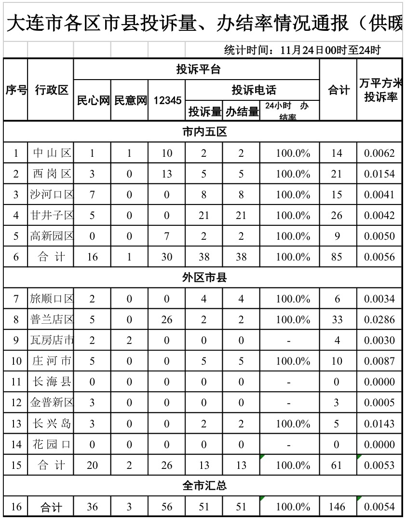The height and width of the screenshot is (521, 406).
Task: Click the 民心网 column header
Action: tap(92, 100)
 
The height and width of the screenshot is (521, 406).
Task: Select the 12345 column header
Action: tap(167, 100)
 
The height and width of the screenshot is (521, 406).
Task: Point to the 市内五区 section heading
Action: tap(204, 132)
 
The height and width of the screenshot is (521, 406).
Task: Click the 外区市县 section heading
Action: tap(204, 278)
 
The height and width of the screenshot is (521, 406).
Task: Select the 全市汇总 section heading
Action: tap(204, 486)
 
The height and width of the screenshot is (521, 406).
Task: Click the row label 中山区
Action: tap(52, 153)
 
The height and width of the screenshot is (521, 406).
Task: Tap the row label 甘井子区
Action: tap(52, 216)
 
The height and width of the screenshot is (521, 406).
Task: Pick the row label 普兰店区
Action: tap(52, 319)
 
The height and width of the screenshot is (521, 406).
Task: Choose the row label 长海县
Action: tap(52, 382)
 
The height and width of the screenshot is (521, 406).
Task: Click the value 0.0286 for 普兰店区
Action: tap(379, 319)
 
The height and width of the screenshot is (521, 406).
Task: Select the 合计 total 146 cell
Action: tap(337, 507)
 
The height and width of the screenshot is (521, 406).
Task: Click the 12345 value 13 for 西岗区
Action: tap(167, 174)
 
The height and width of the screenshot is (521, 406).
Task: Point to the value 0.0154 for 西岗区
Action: tap(379, 174)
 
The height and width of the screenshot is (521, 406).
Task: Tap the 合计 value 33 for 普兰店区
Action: tap(337, 319)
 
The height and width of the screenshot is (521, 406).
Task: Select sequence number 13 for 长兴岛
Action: tap(16, 424)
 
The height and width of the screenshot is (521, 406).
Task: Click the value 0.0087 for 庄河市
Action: tap(379, 361)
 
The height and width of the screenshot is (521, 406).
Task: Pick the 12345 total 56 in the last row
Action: tap(167, 507)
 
